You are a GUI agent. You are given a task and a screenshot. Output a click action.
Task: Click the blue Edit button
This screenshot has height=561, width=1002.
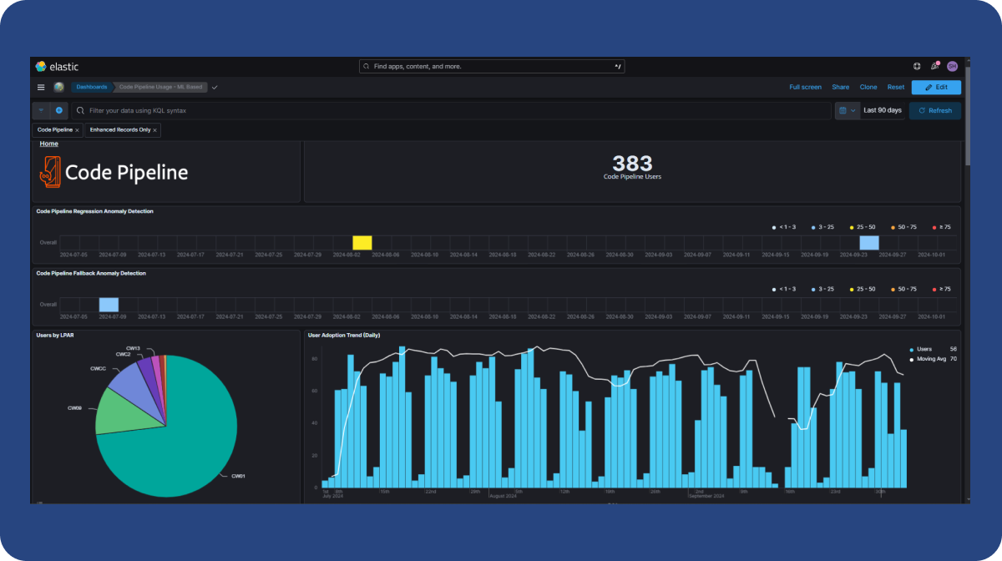(x=935, y=87)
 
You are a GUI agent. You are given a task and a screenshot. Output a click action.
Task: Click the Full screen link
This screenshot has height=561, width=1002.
(x=805, y=87)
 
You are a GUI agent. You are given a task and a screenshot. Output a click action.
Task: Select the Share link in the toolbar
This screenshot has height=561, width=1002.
(x=840, y=87)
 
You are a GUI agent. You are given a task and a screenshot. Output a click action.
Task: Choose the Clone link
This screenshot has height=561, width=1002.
(x=868, y=87)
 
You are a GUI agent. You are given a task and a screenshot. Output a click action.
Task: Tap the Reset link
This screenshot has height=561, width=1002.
(x=896, y=87)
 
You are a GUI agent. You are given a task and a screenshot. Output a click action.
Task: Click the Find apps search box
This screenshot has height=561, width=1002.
(x=491, y=66)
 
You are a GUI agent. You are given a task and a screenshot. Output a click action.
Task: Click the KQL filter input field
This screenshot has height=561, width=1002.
(x=451, y=110)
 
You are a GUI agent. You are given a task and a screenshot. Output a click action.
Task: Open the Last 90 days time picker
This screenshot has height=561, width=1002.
(x=882, y=110)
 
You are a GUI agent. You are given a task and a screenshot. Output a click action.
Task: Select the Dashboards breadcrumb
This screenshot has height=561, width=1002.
(x=92, y=87)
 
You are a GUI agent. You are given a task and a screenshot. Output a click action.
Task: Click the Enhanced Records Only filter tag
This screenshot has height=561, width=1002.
(x=120, y=130)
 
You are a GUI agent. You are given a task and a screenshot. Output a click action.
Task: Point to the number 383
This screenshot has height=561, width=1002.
(x=632, y=164)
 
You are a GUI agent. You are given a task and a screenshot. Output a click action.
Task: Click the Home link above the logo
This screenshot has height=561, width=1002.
(x=49, y=144)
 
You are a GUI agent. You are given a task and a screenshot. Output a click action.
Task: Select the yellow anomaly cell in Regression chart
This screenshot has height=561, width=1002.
(x=362, y=243)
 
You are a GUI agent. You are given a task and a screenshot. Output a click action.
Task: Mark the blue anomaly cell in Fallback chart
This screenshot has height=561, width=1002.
(x=109, y=305)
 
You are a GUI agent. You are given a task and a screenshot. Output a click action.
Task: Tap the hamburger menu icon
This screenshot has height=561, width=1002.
(x=41, y=87)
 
